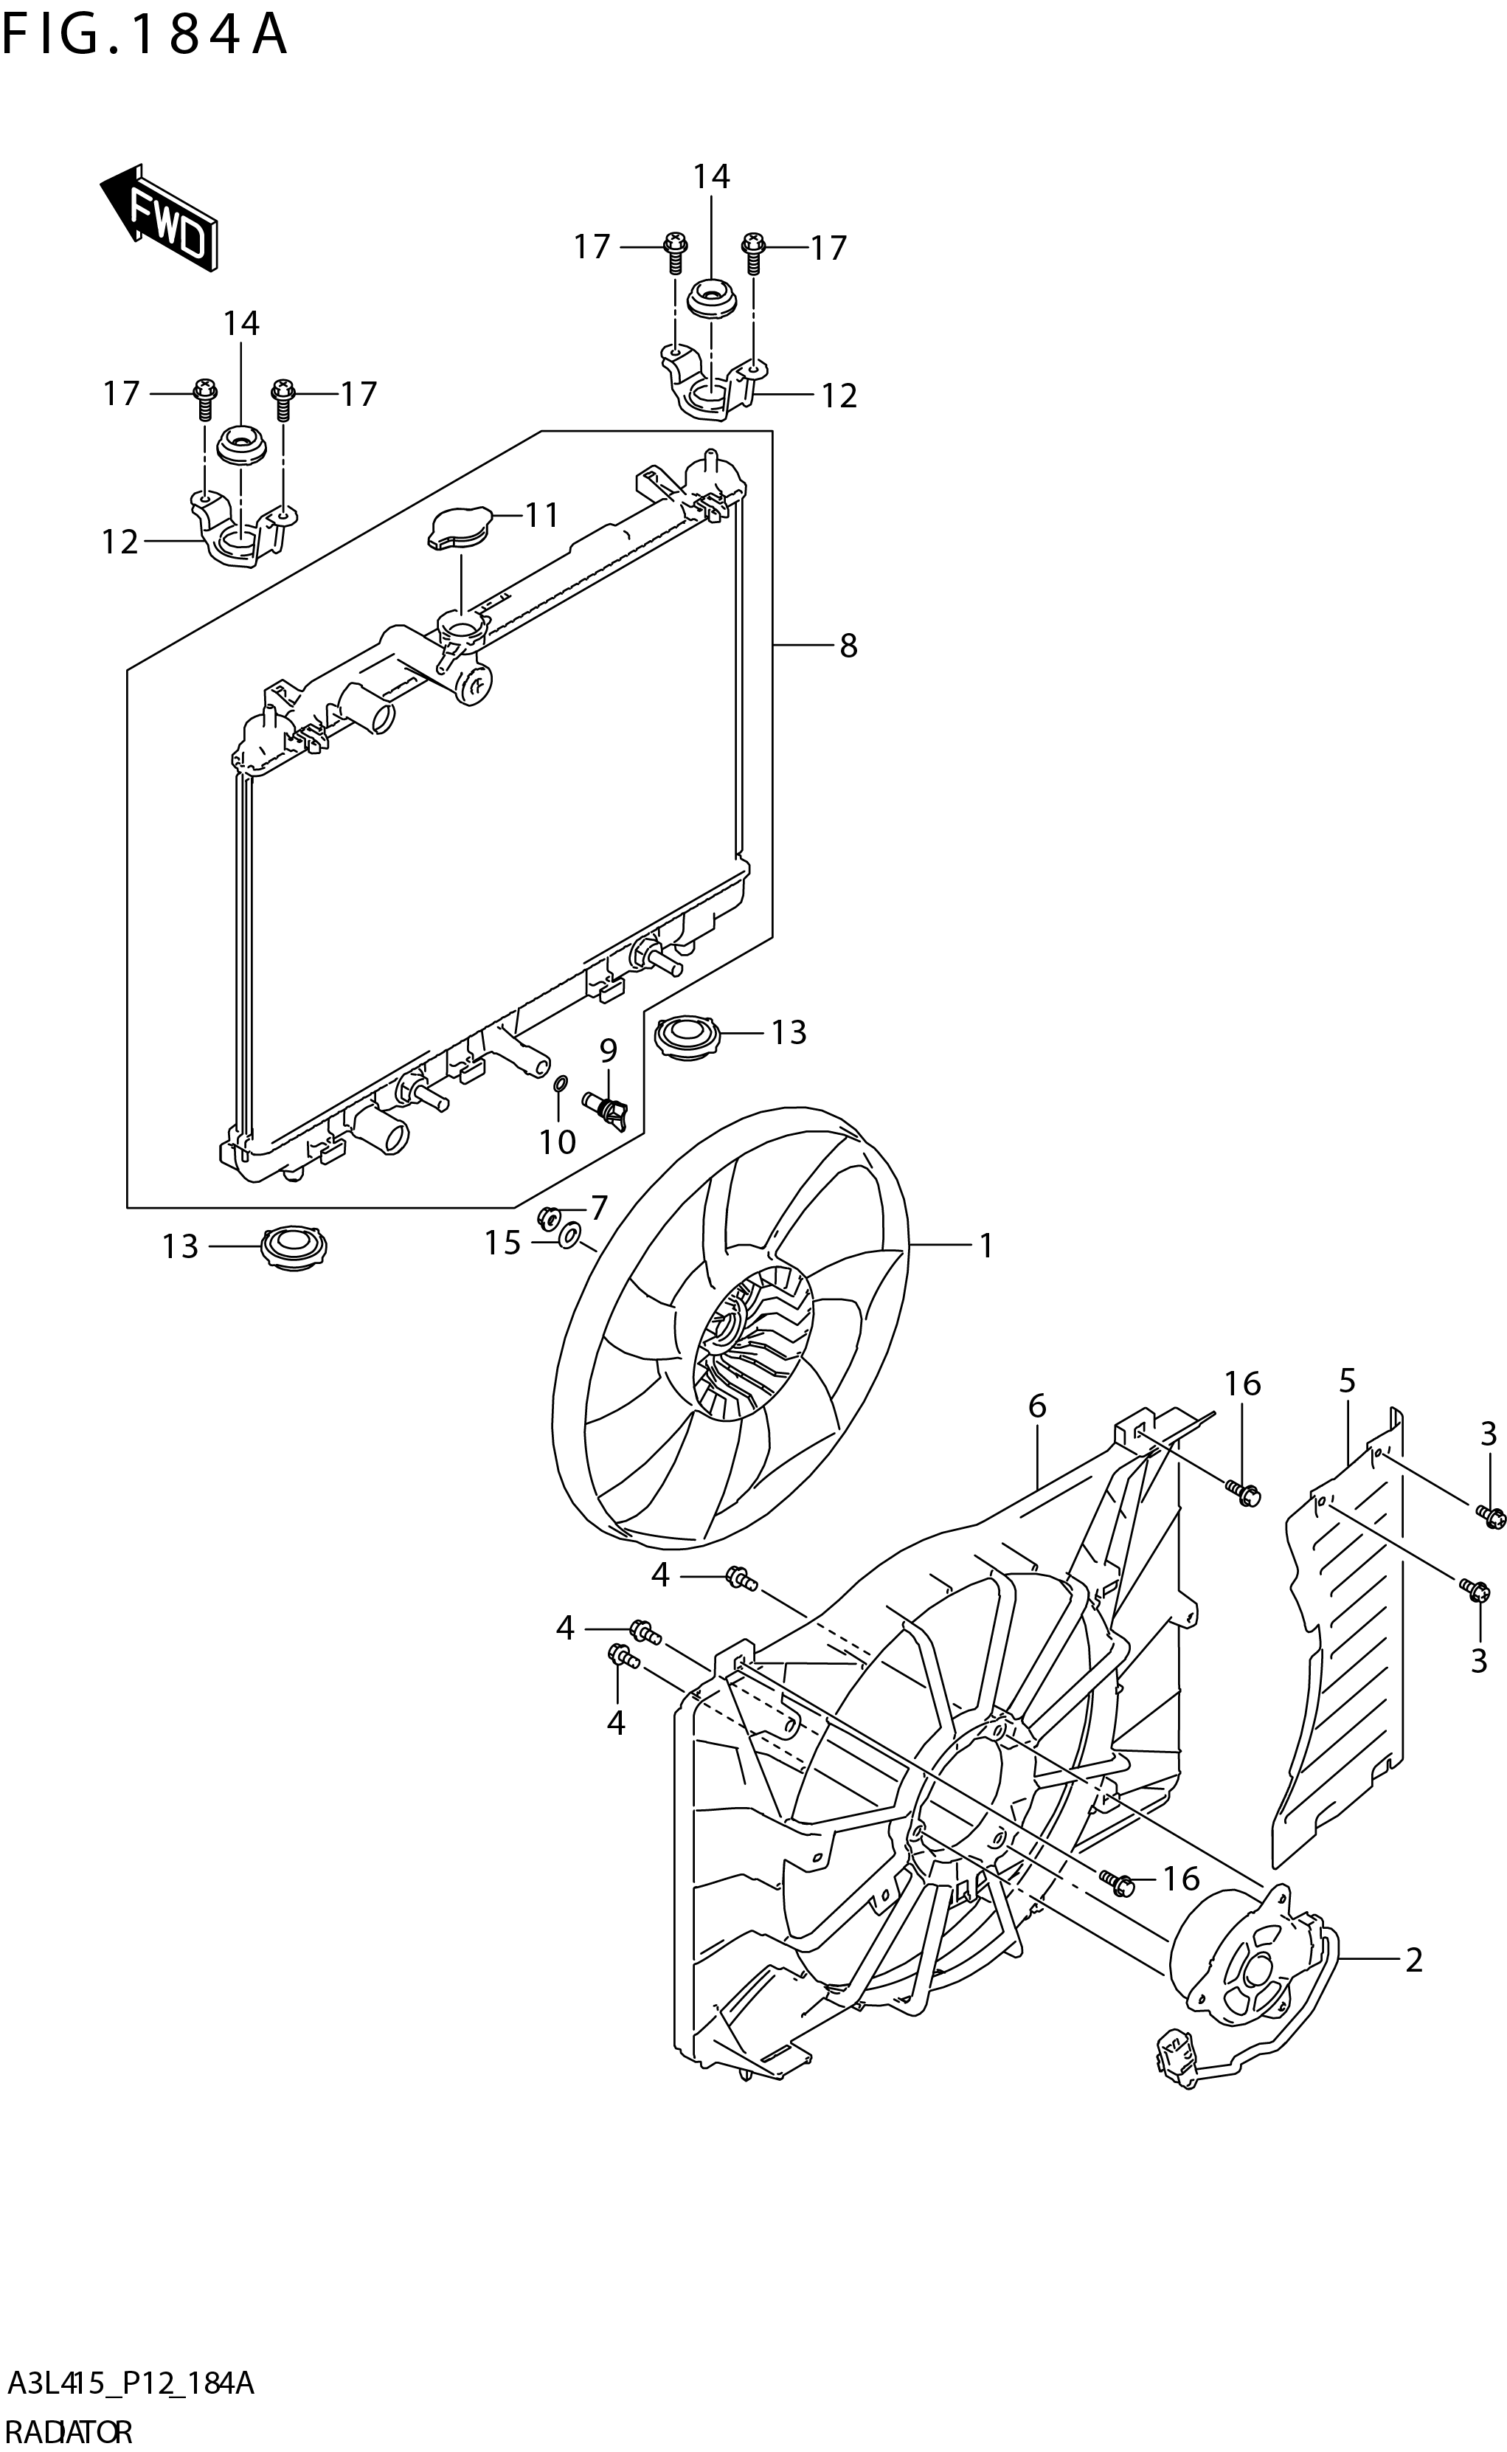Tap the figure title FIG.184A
145,35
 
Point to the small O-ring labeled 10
560,1082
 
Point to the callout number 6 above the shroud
1036,1406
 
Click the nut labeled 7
548,1215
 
